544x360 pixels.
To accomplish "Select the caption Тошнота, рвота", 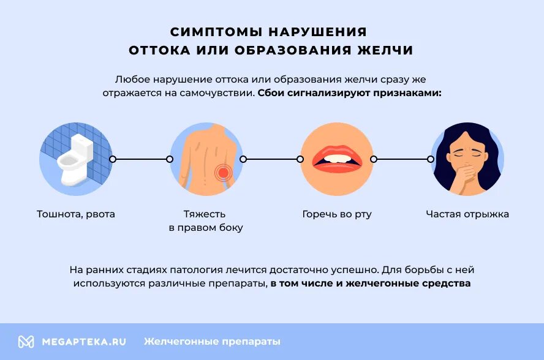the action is [76, 214].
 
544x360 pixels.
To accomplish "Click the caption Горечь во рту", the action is [337, 214].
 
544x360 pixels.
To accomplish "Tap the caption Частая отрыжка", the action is [467, 214].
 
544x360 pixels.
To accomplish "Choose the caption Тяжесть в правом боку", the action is [205, 221].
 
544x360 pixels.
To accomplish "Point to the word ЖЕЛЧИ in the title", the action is [385, 50].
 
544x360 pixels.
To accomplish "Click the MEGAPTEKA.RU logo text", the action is [84, 342].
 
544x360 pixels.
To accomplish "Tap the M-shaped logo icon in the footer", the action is [26, 342].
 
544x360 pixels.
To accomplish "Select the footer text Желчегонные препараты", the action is [212, 342].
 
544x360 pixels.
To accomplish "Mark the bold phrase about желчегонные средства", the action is [371, 283].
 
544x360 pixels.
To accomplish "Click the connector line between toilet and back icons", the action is [141, 159].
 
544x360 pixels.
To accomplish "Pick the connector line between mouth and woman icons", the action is [401, 159].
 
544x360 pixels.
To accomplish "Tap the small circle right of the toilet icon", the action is [112, 159].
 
